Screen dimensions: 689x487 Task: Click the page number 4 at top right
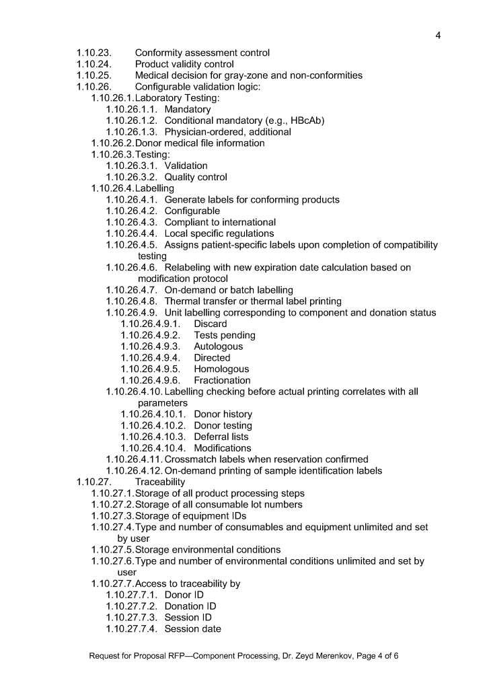(438, 35)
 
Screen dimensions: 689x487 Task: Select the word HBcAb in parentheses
(307, 120)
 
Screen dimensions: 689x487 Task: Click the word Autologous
(219, 347)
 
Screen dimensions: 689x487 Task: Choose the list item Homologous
(221, 369)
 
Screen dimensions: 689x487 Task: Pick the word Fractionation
(222, 380)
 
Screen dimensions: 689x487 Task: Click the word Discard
(211, 324)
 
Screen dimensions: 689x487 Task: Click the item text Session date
(193, 629)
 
